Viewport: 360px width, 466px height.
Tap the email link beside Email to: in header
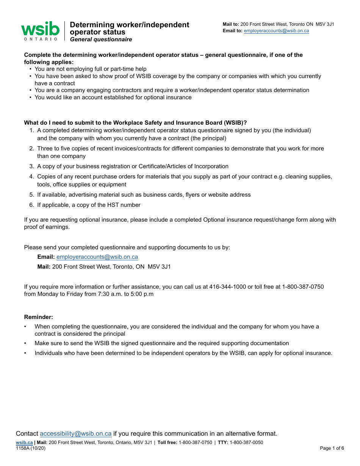click(276, 31)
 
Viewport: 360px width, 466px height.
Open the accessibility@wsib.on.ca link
click(75, 433)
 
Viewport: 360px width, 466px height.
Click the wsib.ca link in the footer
click(24, 443)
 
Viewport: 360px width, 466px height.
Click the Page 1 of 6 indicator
click(332, 448)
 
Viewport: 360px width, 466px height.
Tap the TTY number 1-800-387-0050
click(246, 443)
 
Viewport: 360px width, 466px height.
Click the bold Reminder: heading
click(39, 317)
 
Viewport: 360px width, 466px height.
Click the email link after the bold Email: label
click(97, 257)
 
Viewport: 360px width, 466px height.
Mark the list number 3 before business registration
click(32, 166)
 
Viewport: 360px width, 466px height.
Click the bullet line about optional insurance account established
click(113, 97)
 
